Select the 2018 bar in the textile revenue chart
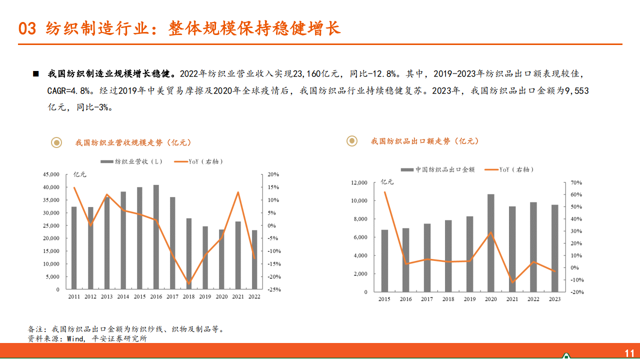188,253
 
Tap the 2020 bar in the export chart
491,243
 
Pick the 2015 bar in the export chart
384,260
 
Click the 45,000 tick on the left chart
51,174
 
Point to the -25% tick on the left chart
273,289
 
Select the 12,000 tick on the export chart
359,182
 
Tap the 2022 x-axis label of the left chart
254,297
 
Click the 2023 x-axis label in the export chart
554,299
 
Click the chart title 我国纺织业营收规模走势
133,142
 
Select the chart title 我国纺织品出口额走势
424,141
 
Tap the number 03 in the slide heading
27,28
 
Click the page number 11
629,352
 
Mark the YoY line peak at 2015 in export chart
384,192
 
